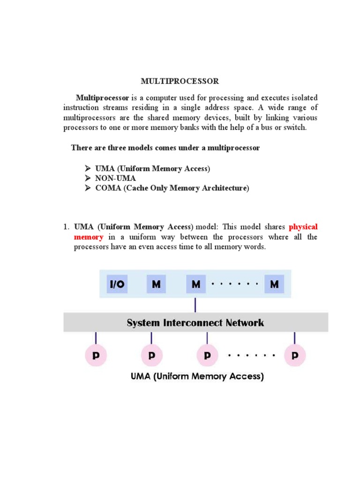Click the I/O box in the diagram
117,285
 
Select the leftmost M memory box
156,285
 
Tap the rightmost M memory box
274,285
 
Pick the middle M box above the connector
195,285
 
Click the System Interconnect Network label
195,322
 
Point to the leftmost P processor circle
96,356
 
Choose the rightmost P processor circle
294,356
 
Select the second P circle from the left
151,356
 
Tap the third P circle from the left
206,356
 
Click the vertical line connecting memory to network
195,305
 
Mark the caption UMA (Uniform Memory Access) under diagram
196,376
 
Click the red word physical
303,227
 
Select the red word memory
88,237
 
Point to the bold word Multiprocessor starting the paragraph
103,98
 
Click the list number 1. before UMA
67,227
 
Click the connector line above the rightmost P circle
294,338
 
